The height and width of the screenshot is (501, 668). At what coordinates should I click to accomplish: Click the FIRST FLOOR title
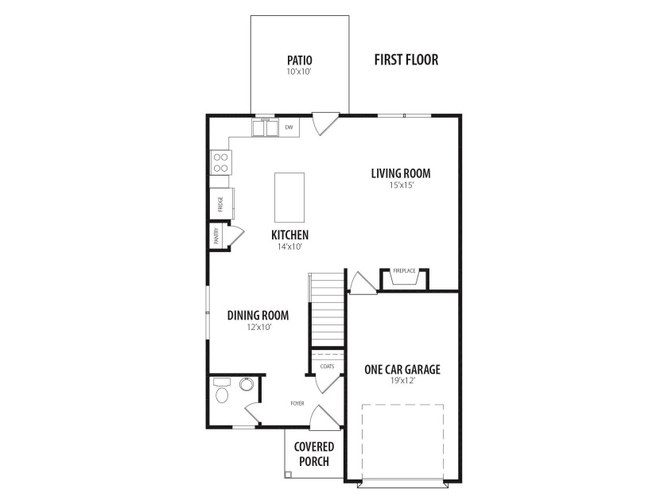[x=406, y=60]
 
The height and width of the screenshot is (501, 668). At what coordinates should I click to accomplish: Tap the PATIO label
[x=300, y=60]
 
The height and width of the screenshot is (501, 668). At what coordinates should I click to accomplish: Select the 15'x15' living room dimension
[x=402, y=185]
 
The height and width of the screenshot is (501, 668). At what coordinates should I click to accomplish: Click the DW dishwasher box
[x=289, y=127]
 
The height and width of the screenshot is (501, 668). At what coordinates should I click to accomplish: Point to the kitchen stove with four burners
[x=221, y=163]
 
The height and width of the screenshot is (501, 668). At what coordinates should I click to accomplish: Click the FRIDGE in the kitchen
[x=222, y=204]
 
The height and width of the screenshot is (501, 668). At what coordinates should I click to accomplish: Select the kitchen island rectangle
[x=289, y=197]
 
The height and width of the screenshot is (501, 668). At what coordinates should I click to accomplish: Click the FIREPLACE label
[x=404, y=270]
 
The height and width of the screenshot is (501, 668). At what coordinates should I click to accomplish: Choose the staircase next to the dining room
[x=327, y=309]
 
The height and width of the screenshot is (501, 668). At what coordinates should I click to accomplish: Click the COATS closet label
[x=327, y=367]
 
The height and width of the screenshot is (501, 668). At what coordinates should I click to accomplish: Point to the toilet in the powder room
[x=222, y=390]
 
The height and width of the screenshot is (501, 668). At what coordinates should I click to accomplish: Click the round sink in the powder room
[x=247, y=384]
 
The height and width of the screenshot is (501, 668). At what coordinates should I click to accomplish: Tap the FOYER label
[x=297, y=403]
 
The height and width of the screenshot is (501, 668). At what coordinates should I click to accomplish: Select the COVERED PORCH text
[x=314, y=454]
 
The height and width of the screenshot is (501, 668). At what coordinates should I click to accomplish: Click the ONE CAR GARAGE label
[x=402, y=369]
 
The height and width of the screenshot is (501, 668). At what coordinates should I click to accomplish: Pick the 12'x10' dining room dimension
[x=259, y=327]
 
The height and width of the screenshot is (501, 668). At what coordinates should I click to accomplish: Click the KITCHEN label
[x=289, y=235]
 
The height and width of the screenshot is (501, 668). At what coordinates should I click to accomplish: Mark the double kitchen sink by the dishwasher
[x=266, y=128]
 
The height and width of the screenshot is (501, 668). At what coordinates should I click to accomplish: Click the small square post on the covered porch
[x=289, y=474]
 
